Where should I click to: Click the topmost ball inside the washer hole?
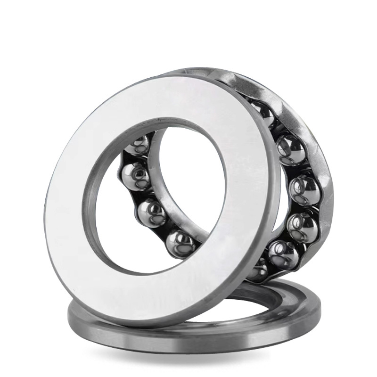[137, 144]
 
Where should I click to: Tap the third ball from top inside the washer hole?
[152, 212]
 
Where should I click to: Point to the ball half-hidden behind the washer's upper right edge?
[263, 113]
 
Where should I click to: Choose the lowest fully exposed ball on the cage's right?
[283, 254]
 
